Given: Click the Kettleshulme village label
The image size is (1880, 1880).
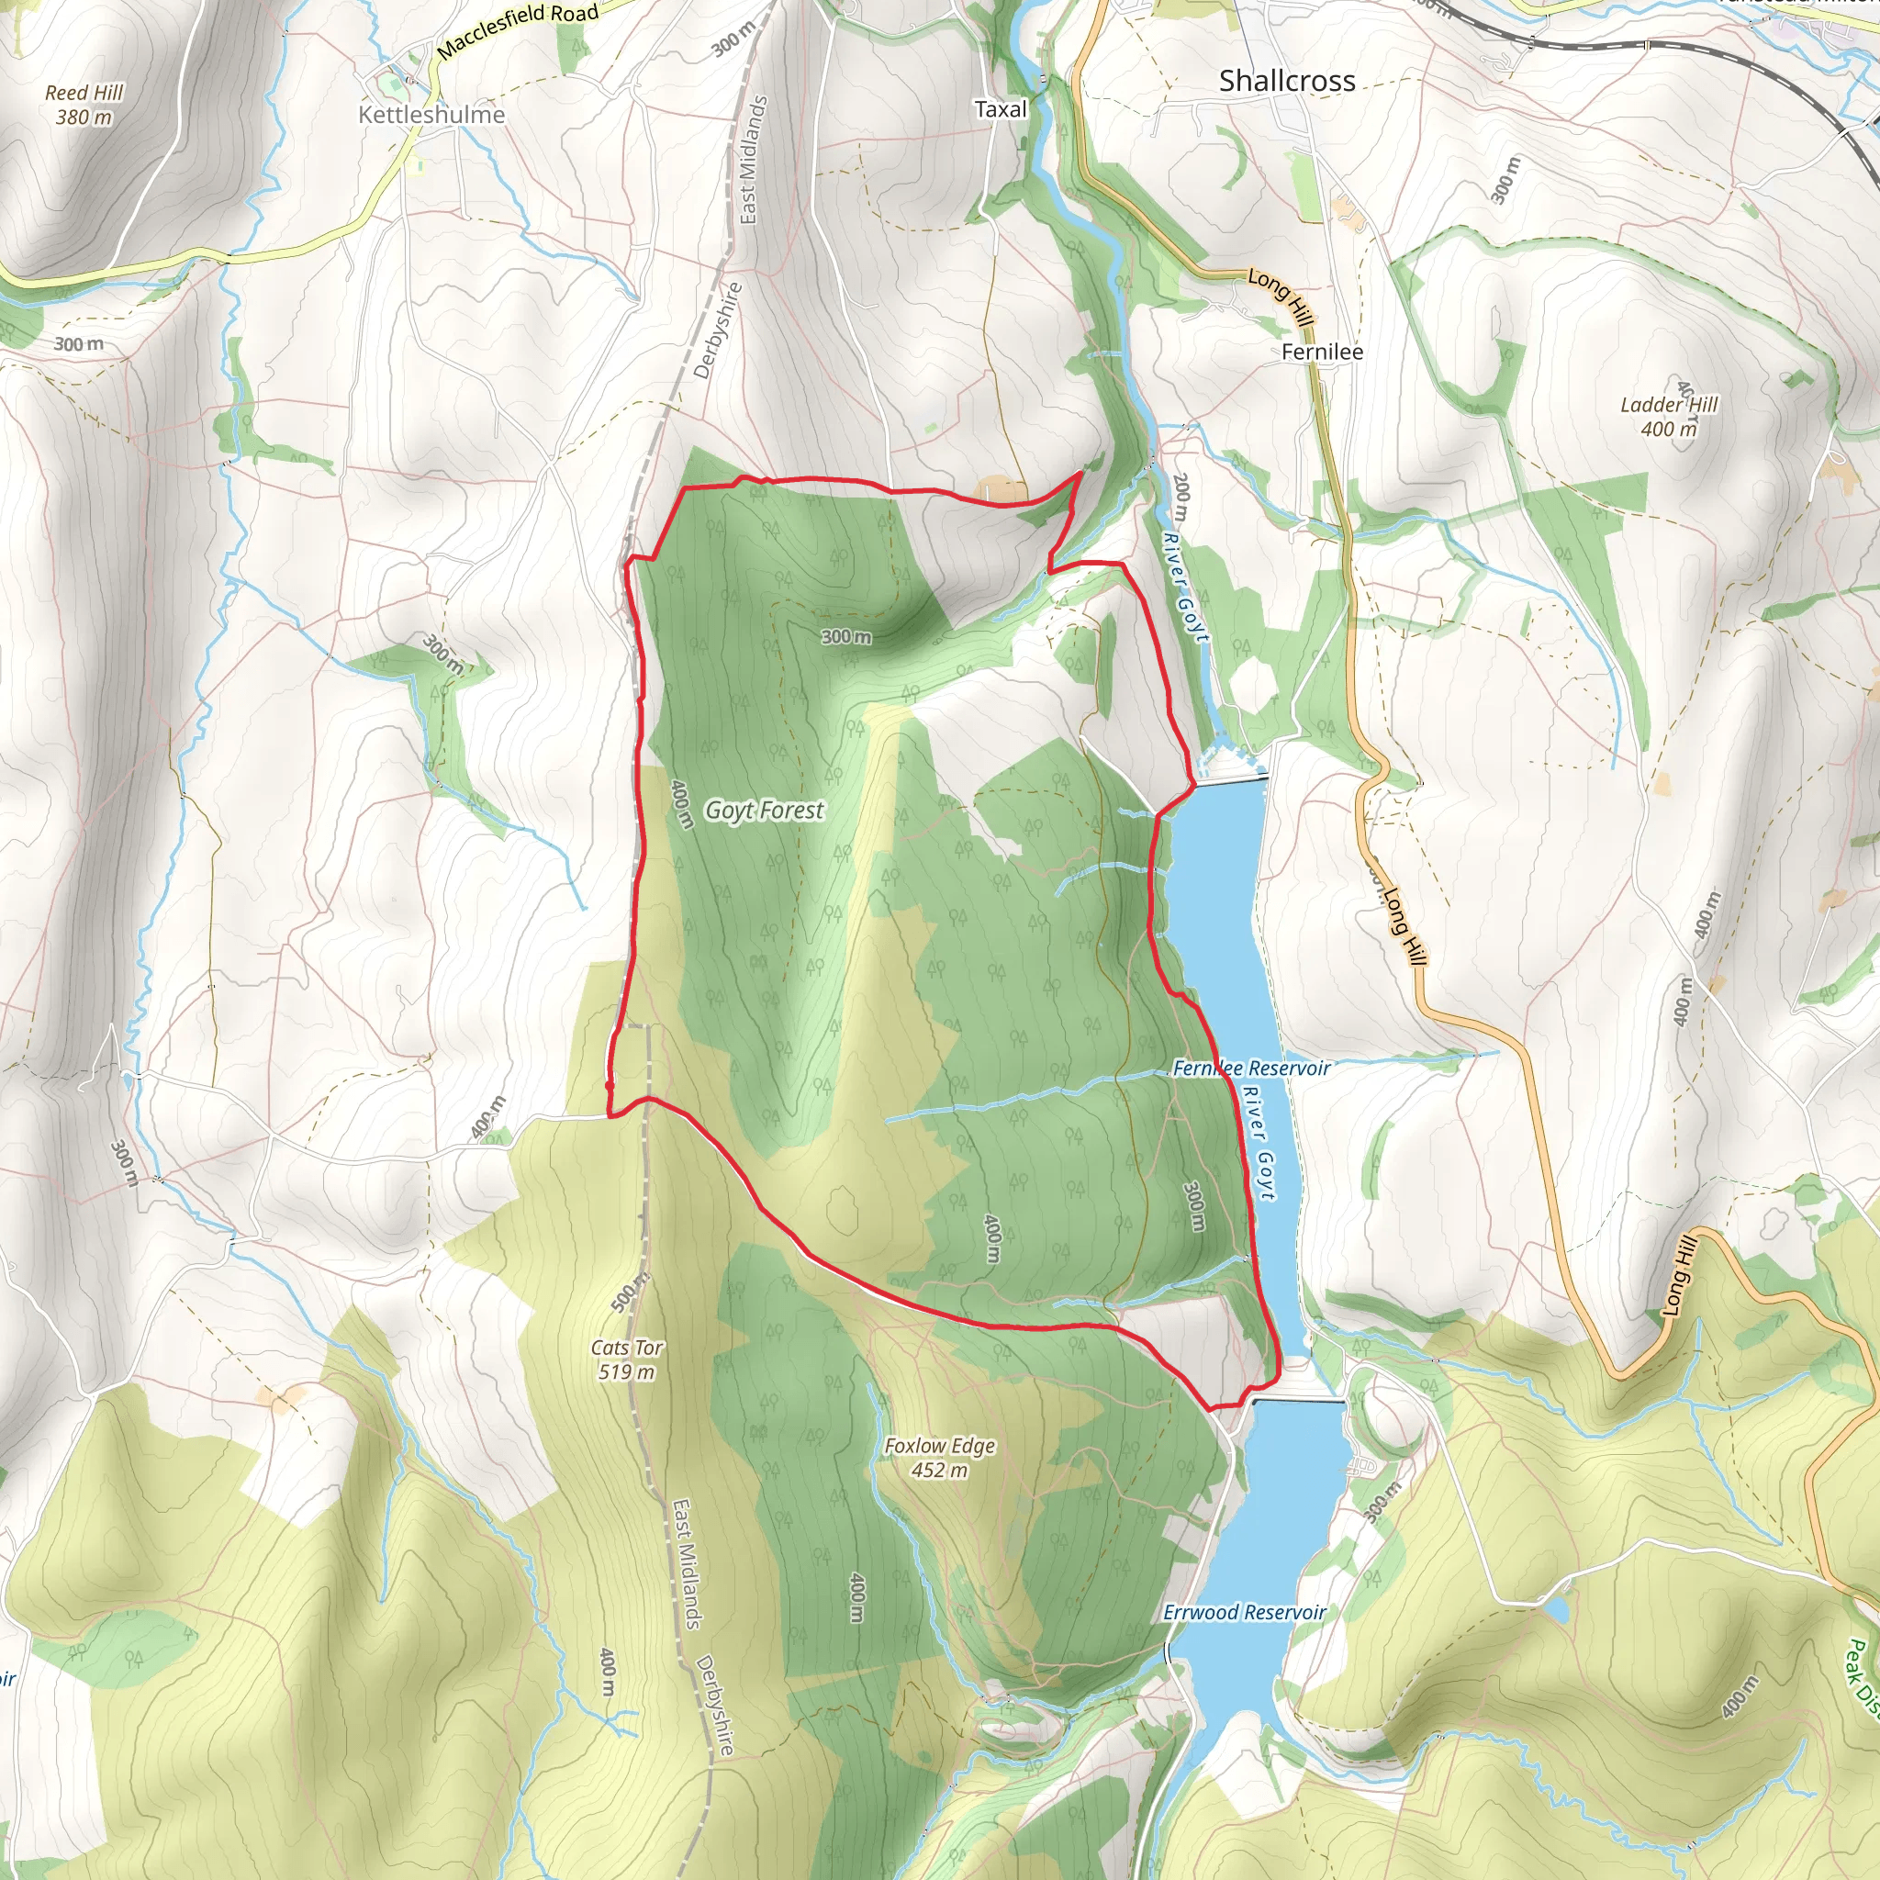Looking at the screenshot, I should tap(431, 115).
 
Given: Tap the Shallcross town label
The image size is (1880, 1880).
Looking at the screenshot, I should tap(1286, 81).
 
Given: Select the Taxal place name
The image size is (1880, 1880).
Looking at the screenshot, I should tap(1001, 109).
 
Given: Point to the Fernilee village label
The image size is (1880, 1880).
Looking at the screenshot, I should tap(1322, 352).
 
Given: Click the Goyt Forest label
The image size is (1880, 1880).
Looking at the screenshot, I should tap(764, 810).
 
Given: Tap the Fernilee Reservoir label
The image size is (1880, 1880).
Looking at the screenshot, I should tap(1250, 1068).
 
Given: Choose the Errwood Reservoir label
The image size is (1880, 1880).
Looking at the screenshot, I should tap(1244, 1612).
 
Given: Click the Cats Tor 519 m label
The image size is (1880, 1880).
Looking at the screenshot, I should tap(627, 1360).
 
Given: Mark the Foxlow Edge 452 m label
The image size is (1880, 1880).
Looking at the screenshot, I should tap(939, 1458).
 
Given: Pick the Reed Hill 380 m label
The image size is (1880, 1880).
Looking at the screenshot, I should tap(84, 104).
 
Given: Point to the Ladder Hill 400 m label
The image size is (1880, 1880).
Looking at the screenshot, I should tap(1669, 417).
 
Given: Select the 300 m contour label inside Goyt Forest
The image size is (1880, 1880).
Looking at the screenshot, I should tap(845, 636).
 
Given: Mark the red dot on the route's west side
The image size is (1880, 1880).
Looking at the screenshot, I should tap(610, 1085).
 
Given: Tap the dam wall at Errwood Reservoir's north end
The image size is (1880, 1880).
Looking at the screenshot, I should tap(1298, 1401).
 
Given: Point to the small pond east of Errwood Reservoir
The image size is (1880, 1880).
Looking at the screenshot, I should tap(1556, 1610).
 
